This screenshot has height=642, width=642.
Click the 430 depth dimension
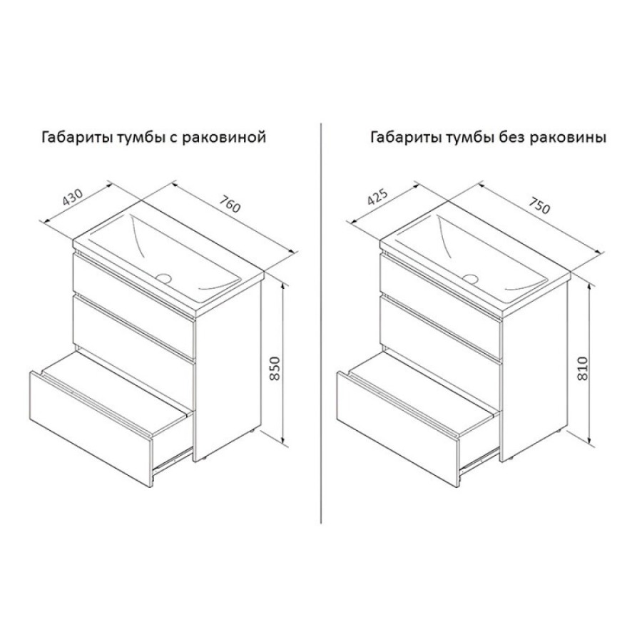(73, 197)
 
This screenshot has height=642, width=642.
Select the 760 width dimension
(230, 204)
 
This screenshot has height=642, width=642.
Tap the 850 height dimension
(275, 369)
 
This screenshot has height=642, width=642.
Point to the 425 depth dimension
(377, 198)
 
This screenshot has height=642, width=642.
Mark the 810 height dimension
(582, 369)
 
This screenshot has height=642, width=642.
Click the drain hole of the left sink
(164, 278)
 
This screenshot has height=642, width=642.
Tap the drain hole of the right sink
(471, 279)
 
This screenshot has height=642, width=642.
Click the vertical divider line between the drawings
(320, 322)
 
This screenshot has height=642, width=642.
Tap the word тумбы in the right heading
(469, 138)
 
